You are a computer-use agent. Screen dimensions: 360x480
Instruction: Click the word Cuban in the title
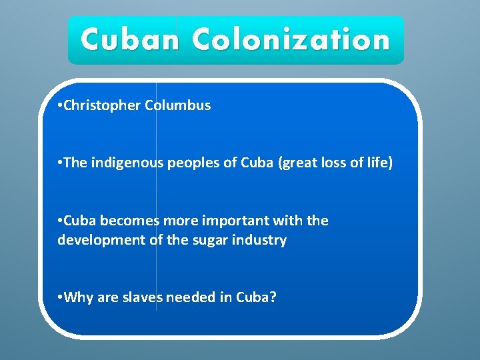coord(129,40)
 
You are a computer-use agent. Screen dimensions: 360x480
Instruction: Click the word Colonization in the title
coord(291,40)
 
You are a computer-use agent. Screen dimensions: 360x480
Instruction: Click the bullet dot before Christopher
coord(60,106)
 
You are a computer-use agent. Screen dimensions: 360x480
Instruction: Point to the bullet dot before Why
coord(60,298)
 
